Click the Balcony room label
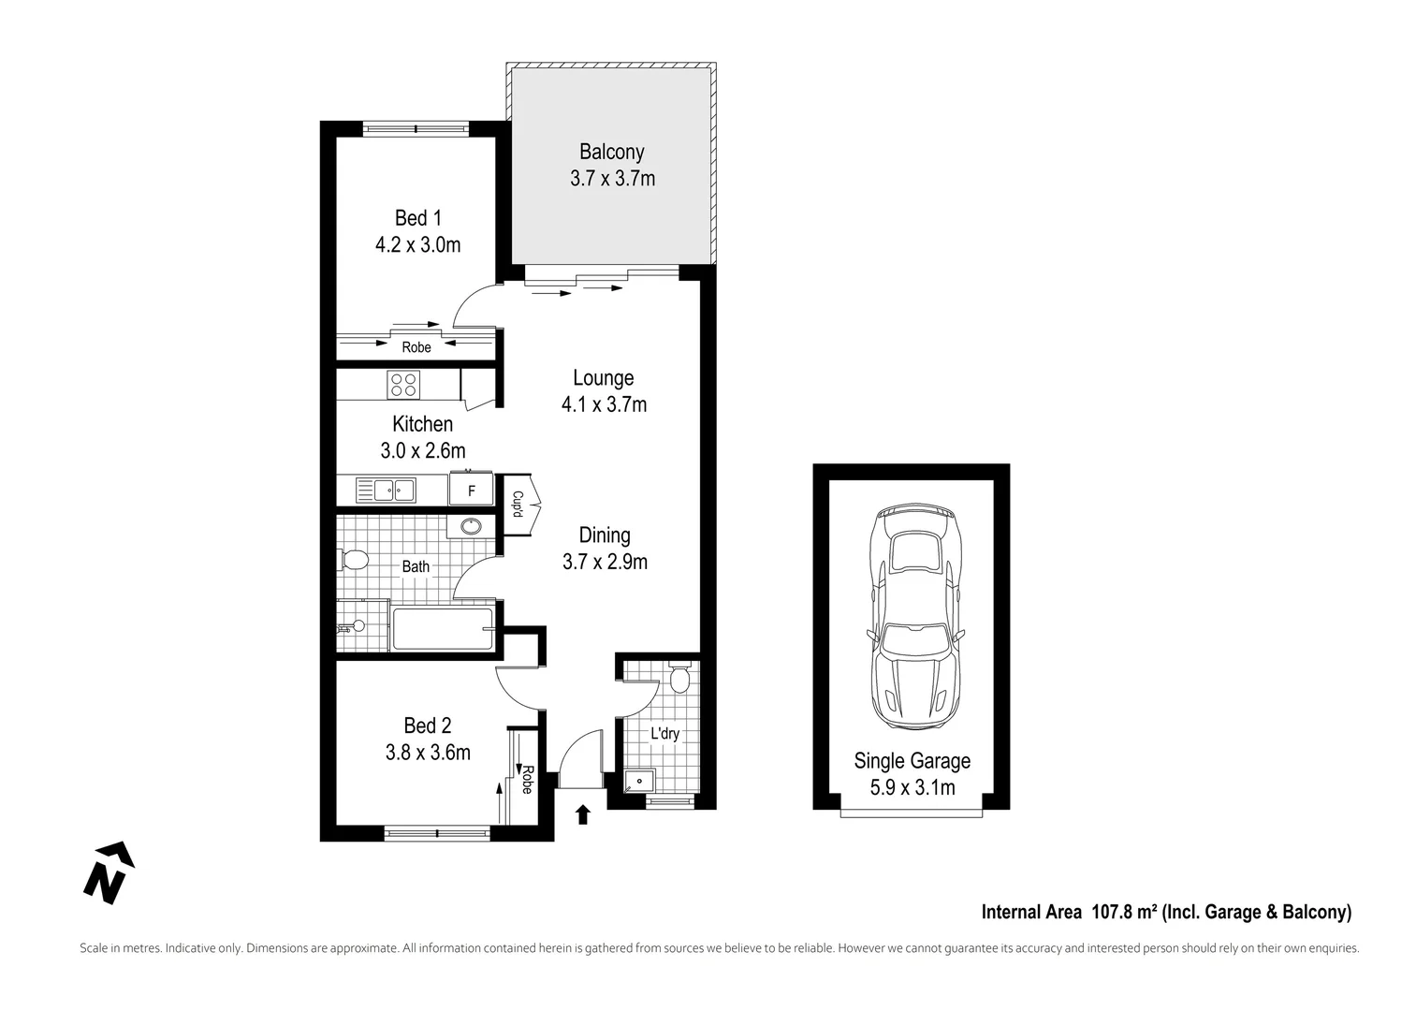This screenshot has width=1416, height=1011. (x=611, y=152)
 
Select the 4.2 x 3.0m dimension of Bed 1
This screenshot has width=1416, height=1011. (x=417, y=245)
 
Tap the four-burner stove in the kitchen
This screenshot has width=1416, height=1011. (x=404, y=384)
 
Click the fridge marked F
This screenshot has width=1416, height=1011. (x=472, y=491)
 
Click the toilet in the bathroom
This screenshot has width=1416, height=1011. (x=353, y=561)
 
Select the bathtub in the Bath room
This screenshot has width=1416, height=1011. (x=442, y=629)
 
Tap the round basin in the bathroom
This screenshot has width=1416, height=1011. (x=471, y=526)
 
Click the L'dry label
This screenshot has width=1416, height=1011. (x=664, y=733)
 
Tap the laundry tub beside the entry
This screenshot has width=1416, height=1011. (x=640, y=779)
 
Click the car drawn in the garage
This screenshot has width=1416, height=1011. (x=912, y=618)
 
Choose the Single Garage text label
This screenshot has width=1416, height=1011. (x=912, y=761)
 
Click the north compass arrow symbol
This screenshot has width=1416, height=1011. (x=109, y=872)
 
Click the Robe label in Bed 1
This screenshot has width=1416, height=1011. (x=416, y=347)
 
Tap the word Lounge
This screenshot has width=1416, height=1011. (x=603, y=378)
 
